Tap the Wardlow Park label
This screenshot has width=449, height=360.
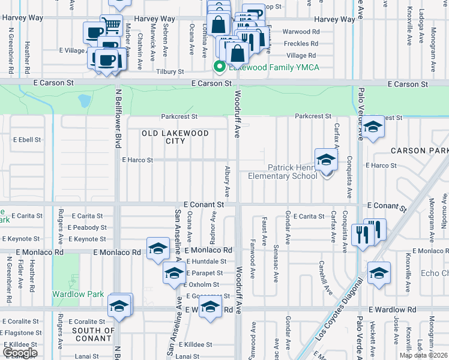[77, 294]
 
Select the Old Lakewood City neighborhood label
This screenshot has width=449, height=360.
[175, 137]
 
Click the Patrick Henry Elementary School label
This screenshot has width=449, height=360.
[283, 172]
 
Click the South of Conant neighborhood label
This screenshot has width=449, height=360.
[93, 334]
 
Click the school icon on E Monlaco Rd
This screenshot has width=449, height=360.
[157, 248]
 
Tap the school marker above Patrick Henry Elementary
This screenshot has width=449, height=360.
[326, 159]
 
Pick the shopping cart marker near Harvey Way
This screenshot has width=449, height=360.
[111, 26]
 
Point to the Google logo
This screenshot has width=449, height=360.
[20, 353]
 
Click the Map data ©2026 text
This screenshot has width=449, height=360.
[423, 355]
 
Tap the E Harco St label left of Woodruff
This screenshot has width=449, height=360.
[137, 160]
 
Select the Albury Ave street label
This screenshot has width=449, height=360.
[228, 181]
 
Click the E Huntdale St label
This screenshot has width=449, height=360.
[206, 262]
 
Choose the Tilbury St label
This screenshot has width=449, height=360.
[170, 71]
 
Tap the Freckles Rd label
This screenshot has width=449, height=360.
[301, 44]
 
